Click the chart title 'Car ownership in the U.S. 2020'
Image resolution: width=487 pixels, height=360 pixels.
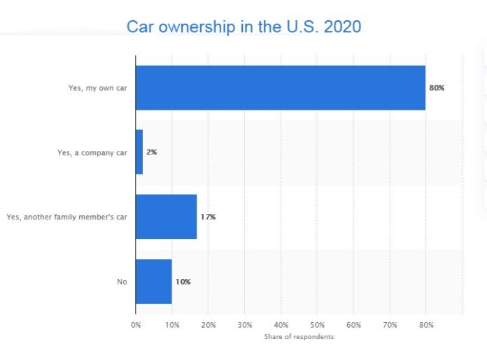(243, 27)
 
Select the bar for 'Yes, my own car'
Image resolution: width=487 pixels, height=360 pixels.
(280, 88)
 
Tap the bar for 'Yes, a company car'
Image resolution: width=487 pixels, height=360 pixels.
(139, 152)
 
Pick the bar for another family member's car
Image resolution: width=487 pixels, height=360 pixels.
(166, 217)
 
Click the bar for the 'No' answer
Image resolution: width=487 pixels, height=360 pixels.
(153, 282)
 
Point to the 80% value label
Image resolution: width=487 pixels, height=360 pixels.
(437, 88)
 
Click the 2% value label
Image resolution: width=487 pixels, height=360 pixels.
(152, 152)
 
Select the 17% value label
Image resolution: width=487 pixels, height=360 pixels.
(208, 217)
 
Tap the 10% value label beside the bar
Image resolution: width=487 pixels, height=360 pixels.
(183, 282)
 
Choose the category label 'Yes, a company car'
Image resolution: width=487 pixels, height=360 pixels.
(92, 152)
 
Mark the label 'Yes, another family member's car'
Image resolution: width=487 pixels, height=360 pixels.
(66, 217)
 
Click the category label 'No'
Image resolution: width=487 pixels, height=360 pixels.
(122, 282)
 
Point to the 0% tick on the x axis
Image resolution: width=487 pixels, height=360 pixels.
(136, 325)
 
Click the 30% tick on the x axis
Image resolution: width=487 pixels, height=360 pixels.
(244, 325)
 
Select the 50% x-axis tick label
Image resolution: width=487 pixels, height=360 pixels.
(317, 325)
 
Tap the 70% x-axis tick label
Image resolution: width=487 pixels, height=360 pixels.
(390, 325)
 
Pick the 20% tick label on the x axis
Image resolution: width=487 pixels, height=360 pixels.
(208, 325)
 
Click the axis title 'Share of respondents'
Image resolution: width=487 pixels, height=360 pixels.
(299, 337)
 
